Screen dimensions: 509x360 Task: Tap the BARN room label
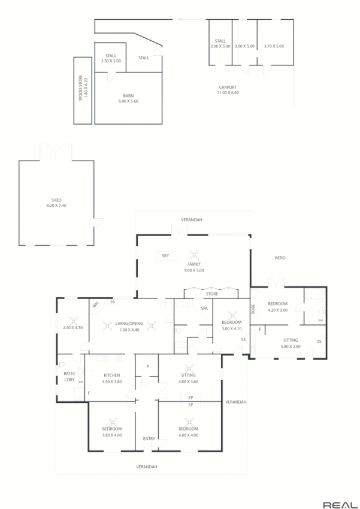click(x=128, y=96)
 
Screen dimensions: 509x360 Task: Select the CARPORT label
click(x=228, y=88)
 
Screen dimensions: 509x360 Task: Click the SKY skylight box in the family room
click(x=165, y=256)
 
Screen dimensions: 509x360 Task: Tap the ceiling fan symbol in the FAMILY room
click(x=193, y=254)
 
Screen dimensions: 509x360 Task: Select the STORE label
click(x=211, y=294)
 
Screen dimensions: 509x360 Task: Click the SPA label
click(x=204, y=308)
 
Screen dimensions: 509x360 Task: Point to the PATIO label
click(x=280, y=258)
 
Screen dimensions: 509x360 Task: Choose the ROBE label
click(x=253, y=309)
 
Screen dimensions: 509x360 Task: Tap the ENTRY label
click(x=149, y=439)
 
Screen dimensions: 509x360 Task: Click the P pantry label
click(x=147, y=366)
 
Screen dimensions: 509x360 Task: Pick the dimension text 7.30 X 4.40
click(x=129, y=330)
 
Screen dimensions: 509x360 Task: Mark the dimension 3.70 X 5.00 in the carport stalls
click(x=274, y=46)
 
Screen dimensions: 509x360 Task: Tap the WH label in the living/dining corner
click(x=95, y=305)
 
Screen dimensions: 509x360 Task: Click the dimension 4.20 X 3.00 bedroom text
click(x=278, y=310)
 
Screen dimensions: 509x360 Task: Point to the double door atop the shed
click(x=56, y=152)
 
